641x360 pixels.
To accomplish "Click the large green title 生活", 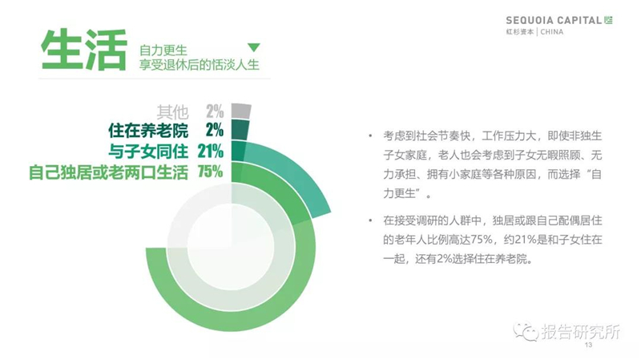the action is click(84, 50).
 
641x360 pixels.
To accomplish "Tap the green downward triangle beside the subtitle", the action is click(254, 47).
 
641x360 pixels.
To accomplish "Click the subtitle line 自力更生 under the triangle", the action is click(163, 51).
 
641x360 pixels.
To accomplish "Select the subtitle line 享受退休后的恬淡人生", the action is click(199, 65).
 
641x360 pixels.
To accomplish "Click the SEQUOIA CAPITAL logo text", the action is click(554, 20).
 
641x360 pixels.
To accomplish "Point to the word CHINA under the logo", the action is click(552, 32).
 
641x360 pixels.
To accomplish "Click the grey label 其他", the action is click(172, 111).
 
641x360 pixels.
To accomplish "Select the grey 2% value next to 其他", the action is click(215, 111).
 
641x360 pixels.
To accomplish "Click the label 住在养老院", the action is click(148, 131).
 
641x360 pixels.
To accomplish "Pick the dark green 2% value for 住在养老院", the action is click(215, 130).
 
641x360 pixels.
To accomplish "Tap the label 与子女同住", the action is click(148, 152).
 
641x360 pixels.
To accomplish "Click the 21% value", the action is click(211, 152).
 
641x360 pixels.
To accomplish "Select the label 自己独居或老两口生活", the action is click(108, 172).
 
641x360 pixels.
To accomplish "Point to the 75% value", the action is click(211, 172).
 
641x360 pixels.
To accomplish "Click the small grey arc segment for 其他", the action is click(241, 111).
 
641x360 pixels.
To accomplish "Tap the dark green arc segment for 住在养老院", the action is click(240, 130).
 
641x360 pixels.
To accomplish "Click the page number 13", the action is click(588, 345).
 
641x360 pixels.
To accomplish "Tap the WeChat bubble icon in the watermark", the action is click(526, 332).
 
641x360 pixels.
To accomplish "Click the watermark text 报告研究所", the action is click(581, 331).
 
